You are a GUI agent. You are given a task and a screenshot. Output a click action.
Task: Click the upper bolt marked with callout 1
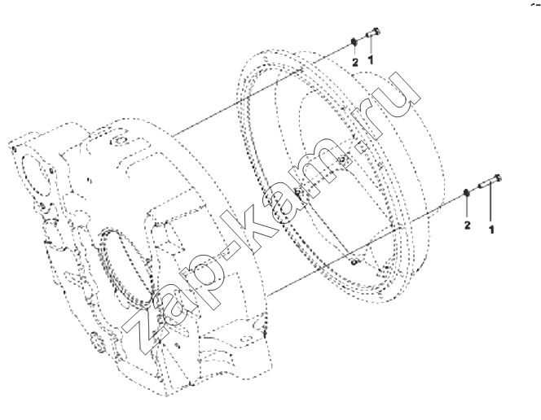coord(373,33)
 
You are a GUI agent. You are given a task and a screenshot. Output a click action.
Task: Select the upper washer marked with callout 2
coord(354,42)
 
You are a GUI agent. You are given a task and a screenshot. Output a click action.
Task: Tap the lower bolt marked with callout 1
coord(490,182)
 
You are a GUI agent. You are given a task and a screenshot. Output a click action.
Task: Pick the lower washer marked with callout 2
coord(466,193)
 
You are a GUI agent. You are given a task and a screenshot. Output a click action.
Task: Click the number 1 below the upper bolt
coord(371,60)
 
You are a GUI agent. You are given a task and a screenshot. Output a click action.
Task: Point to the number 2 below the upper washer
coord(355,63)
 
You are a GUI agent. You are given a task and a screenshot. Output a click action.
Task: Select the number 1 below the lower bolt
coord(491,230)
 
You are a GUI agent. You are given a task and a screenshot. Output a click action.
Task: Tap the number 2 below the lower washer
coord(467,225)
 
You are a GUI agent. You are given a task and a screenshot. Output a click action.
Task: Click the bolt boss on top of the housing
coord(120,141)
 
